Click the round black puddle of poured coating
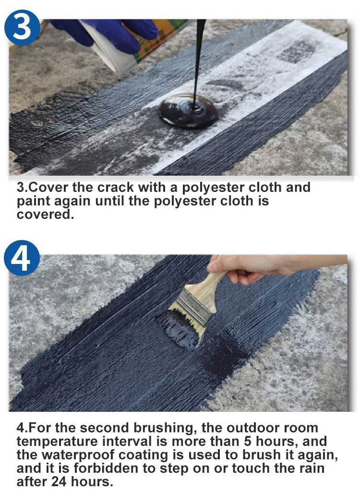pos(188,111)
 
